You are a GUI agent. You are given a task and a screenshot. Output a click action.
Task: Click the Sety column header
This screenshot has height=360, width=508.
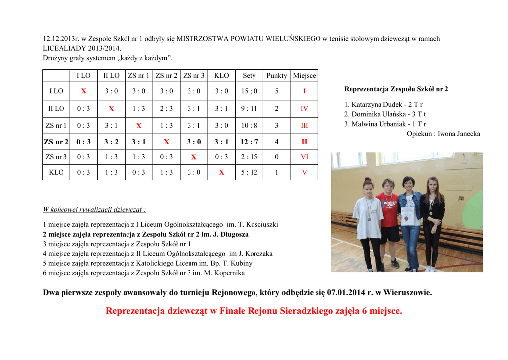pyautogui.click(x=249, y=75)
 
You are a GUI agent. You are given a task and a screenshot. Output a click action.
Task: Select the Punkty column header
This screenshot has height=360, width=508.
pyautogui.click(x=277, y=75)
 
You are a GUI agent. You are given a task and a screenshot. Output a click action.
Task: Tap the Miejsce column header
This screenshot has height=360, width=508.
pyautogui.click(x=304, y=75)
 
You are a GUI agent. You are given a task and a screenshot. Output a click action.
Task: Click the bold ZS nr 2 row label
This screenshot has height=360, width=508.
pyautogui.click(x=56, y=142)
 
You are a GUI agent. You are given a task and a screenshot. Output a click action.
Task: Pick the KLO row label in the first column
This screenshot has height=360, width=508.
pyautogui.click(x=56, y=172)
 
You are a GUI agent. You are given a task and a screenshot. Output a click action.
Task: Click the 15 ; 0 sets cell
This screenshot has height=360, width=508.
pyautogui.click(x=249, y=91)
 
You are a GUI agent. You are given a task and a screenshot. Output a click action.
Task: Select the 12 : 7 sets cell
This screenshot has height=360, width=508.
pyautogui.click(x=249, y=142)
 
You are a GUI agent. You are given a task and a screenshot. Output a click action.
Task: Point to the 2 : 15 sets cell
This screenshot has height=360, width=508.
pyautogui.click(x=249, y=157)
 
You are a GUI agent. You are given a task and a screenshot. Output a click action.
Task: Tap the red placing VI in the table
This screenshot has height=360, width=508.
pyautogui.click(x=304, y=157)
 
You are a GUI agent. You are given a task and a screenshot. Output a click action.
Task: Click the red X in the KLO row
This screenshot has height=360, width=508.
pyautogui.click(x=221, y=172)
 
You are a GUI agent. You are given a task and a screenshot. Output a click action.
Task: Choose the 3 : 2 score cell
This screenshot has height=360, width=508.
pyautogui.click(x=111, y=142)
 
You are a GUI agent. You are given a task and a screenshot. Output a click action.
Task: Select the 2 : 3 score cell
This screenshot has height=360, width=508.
pyautogui.click(x=166, y=108)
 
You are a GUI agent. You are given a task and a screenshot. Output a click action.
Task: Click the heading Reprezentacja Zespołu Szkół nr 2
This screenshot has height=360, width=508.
pyautogui.click(x=396, y=89)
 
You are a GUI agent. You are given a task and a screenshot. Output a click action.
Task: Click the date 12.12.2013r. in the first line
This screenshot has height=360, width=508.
pyautogui.click(x=61, y=39)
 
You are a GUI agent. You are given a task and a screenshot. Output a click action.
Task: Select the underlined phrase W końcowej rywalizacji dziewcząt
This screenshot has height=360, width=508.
pyautogui.click(x=94, y=209)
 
